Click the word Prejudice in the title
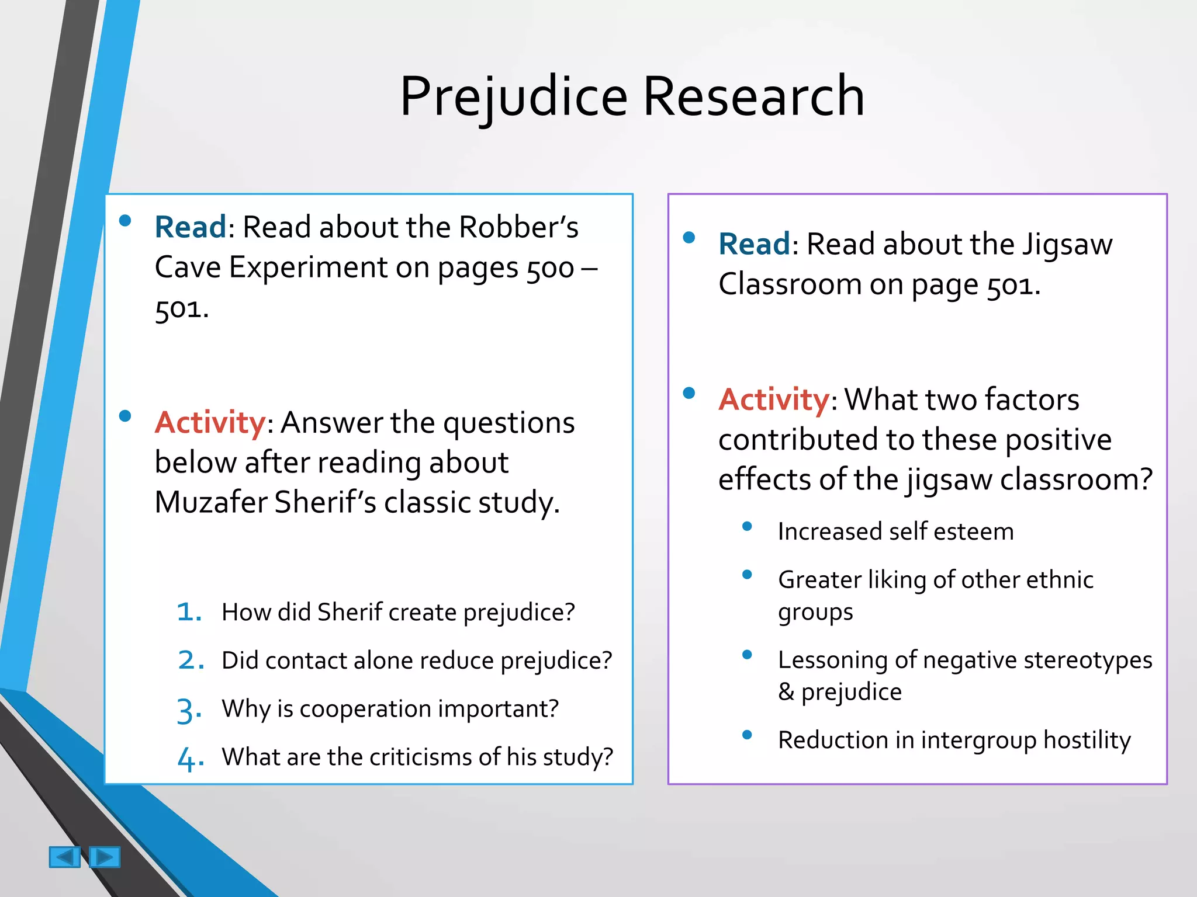point(513,97)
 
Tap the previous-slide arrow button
point(64,857)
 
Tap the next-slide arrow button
point(105,857)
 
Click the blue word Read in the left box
point(190,227)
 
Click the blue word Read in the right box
point(754,244)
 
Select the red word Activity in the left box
point(210,422)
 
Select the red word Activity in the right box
point(773,400)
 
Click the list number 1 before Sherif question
point(188,612)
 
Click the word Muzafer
point(210,502)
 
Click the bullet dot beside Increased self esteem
point(747,526)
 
